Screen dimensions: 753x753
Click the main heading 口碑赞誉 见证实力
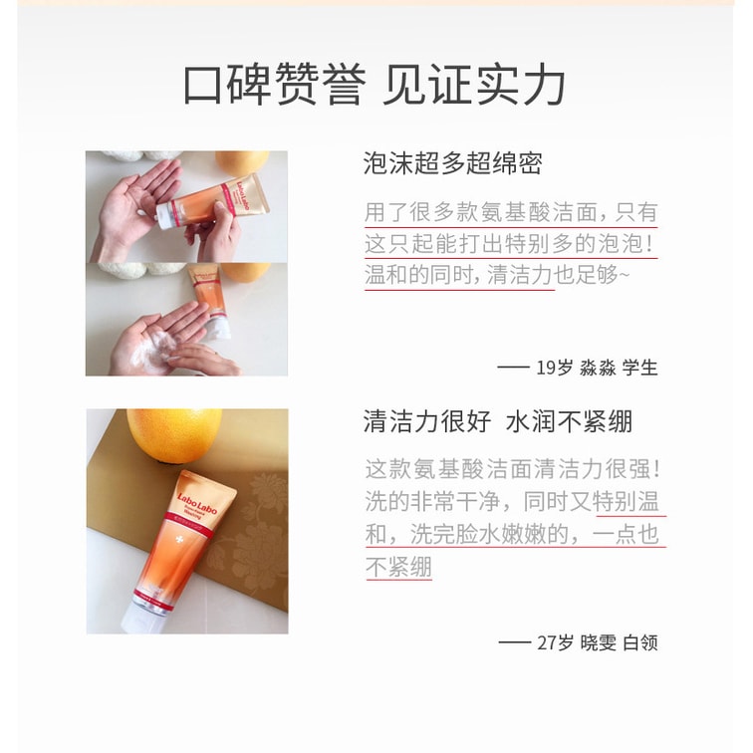pyautogui.click(x=375, y=85)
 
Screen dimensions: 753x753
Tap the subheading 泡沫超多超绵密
pyautogui.click(x=453, y=163)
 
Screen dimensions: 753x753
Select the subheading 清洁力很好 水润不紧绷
pyautogui.click(x=498, y=421)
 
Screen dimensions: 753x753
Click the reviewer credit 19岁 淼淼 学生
pyautogui.click(x=578, y=368)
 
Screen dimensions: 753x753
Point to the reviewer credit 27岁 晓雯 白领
pyautogui.click(x=578, y=642)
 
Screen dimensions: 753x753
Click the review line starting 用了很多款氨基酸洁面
pyautogui.click(x=511, y=212)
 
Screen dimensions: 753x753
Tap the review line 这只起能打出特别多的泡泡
pyautogui.click(x=510, y=243)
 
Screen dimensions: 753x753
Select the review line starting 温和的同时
pyautogui.click(x=497, y=275)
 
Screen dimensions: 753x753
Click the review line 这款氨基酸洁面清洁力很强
pyautogui.click(x=513, y=469)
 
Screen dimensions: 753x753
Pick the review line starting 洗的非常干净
pyautogui.click(x=512, y=501)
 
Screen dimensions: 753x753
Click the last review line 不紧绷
pyautogui.click(x=398, y=567)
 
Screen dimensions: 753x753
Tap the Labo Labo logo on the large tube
pyautogui.click(x=197, y=503)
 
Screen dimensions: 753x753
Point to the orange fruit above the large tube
pyautogui.click(x=174, y=434)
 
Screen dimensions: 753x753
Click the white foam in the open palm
pyautogui.click(x=151, y=348)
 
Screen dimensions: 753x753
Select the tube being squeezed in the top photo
pyautogui.click(x=214, y=201)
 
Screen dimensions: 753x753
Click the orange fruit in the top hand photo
pyautogui.click(x=241, y=162)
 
